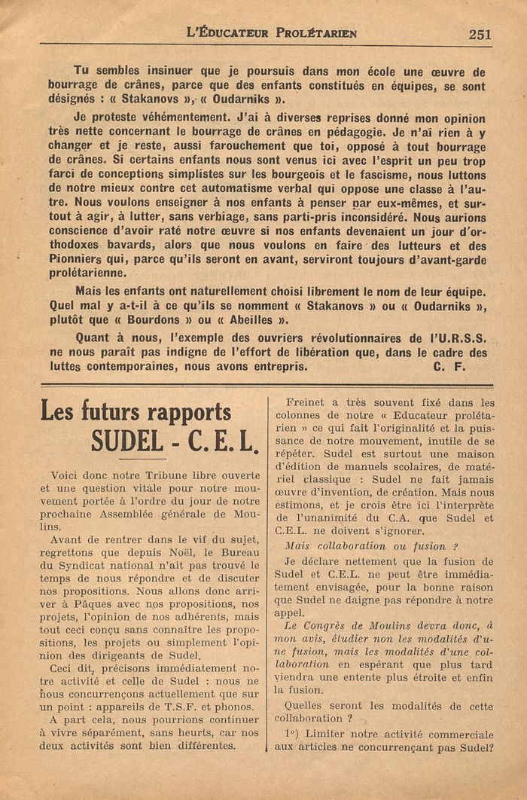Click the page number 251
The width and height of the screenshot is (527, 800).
479,34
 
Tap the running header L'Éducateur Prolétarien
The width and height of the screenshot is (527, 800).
272,33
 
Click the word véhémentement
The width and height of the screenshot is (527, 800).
170,118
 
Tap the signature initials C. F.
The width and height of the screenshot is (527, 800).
450,367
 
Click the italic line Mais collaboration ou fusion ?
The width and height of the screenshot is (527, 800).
372,545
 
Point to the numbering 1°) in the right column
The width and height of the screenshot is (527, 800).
293,734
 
